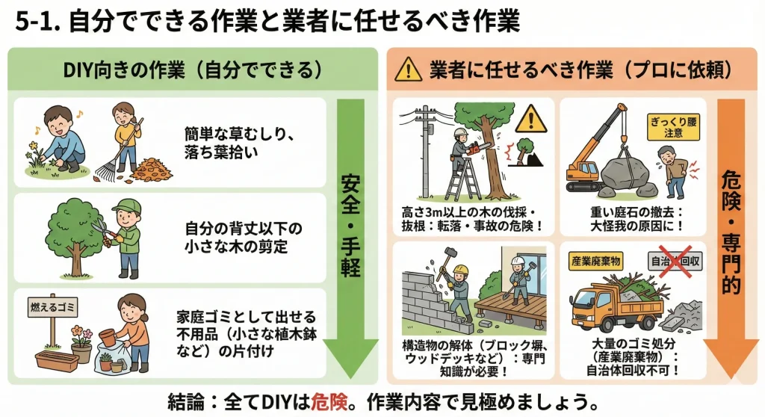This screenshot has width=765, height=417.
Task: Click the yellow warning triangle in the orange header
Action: click(x=408, y=70)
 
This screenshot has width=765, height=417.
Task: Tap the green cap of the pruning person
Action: click(x=126, y=206)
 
